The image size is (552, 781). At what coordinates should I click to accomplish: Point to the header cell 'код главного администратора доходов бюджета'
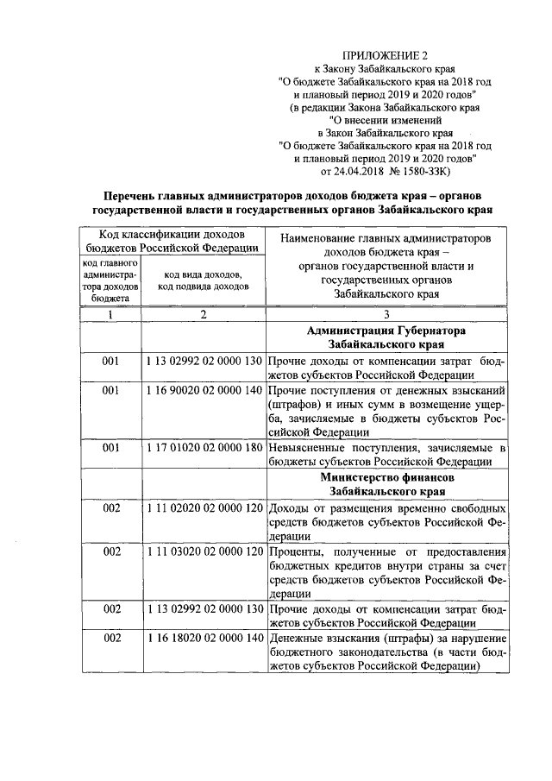(110, 280)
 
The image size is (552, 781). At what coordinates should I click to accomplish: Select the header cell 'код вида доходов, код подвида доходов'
(204, 280)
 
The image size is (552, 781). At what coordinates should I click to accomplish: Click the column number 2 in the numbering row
(204, 315)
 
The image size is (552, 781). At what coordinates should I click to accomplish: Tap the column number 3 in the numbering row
(386, 315)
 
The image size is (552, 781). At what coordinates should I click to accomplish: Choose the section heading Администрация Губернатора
(386, 331)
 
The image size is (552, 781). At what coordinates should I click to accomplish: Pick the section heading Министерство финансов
(386, 477)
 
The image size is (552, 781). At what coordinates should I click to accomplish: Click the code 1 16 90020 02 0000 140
(204, 390)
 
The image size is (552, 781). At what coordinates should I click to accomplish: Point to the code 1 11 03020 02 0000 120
(204, 551)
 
